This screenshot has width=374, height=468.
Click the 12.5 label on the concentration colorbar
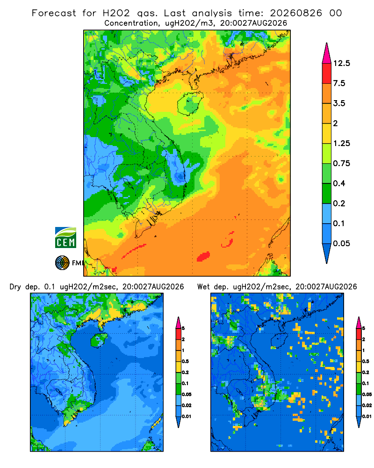pos(341,63)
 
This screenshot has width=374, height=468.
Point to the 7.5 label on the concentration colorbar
pos(339,83)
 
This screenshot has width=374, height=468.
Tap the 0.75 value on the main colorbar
pos(341,163)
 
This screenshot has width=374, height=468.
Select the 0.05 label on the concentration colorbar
pos(341,243)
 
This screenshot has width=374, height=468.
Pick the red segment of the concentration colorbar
pos(327,73)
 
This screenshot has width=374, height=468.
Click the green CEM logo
pos(65,238)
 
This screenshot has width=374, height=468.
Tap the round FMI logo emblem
pos(62,263)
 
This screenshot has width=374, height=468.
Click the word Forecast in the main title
pos(54,13)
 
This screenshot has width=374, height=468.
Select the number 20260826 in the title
pos(296,13)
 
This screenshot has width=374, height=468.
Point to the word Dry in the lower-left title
pos(15,287)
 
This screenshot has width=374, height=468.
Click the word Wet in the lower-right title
pos(204,287)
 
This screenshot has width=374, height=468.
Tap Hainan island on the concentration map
pos(190,103)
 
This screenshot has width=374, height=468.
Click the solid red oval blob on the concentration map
pos(203,256)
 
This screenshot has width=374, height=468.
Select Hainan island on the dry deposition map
pos(99,340)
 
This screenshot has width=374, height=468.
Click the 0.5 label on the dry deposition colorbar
pos(185,361)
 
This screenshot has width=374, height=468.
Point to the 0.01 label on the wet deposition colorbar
pos(367,417)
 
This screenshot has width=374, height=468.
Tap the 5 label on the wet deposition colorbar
pos(364,329)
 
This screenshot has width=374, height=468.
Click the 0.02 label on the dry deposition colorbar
pos(187,405)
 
